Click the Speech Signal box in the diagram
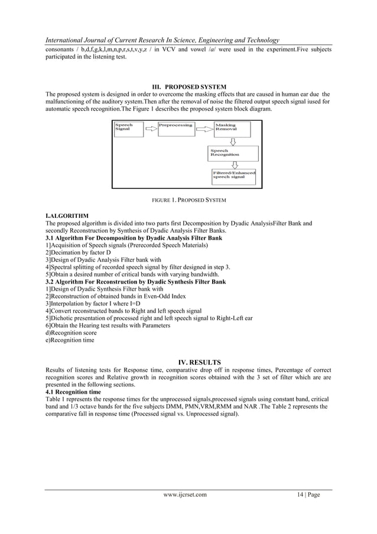[x=128, y=129]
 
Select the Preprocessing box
[x=175, y=128]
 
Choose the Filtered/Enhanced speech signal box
[x=234, y=175]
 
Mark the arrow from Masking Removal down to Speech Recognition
[x=232, y=141]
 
